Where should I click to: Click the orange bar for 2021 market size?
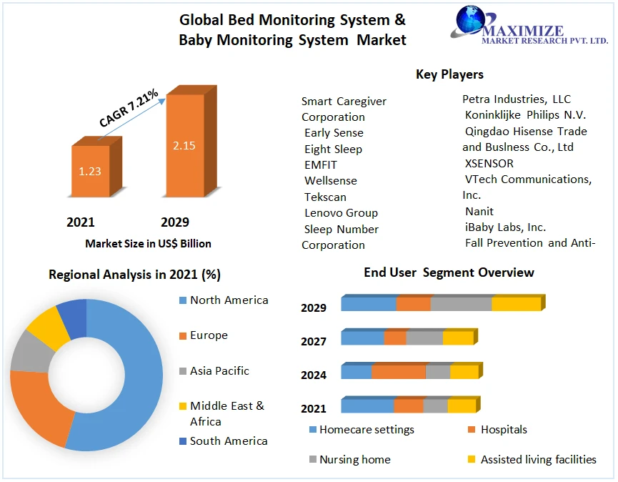[x=91, y=172]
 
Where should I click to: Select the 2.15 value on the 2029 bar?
[x=184, y=145]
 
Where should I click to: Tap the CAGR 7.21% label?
[x=129, y=109]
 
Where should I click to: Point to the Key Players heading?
[x=449, y=74]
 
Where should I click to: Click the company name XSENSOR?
[x=489, y=163]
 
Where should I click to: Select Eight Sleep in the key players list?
[x=333, y=149]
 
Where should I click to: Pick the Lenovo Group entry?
[x=341, y=212]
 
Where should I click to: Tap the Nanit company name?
[x=479, y=211]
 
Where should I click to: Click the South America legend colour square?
[x=182, y=441]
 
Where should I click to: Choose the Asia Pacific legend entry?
[x=219, y=370]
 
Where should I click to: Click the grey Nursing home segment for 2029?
[x=461, y=304]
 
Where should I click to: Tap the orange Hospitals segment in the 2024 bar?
[x=398, y=372]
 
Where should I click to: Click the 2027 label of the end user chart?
[x=314, y=341]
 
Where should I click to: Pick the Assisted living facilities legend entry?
[x=538, y=459]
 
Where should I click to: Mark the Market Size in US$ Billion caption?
[x=148, y=243]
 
